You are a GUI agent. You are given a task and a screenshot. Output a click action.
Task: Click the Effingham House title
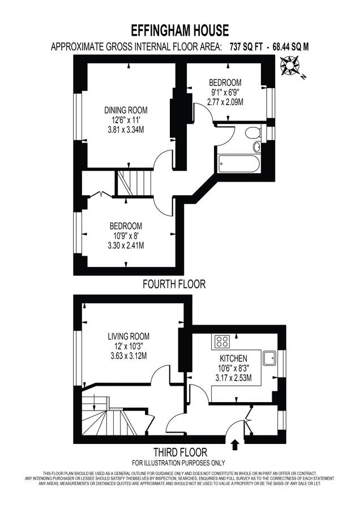point(180,30)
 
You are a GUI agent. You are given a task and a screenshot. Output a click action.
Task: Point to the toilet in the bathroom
point(252,133)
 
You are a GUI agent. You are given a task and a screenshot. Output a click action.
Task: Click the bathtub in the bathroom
point(238,165)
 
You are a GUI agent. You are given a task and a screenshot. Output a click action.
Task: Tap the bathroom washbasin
point(257,147)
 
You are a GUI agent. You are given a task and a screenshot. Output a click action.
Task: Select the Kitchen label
point(233,359)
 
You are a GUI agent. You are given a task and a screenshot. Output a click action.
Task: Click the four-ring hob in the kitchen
point(221,342)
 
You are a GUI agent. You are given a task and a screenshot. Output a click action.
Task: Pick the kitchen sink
point(269,357)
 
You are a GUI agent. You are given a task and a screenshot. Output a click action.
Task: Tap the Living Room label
point(128,337)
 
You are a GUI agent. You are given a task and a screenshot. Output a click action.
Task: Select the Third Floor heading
point(180,452)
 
